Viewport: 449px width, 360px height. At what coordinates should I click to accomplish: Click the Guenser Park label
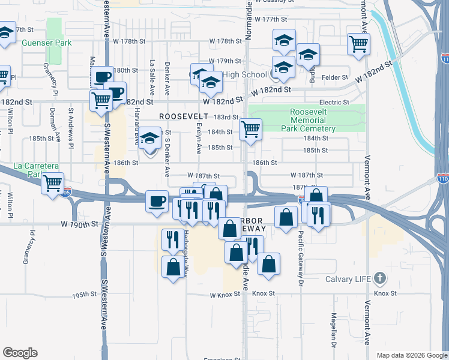click(46, 43)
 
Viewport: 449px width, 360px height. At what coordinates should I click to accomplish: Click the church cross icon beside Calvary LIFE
click(379, 278)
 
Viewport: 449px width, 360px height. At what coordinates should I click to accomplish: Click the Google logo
click(20, 353)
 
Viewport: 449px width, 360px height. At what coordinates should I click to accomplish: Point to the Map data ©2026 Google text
click(412, 355)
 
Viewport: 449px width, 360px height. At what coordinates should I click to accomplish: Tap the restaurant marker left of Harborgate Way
click(173, 239)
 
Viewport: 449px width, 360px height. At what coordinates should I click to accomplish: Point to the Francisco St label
click(221, 359)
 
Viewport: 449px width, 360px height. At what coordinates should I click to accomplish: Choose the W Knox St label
click(228, 295)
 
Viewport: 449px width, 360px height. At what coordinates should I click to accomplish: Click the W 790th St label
click(79, 224)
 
